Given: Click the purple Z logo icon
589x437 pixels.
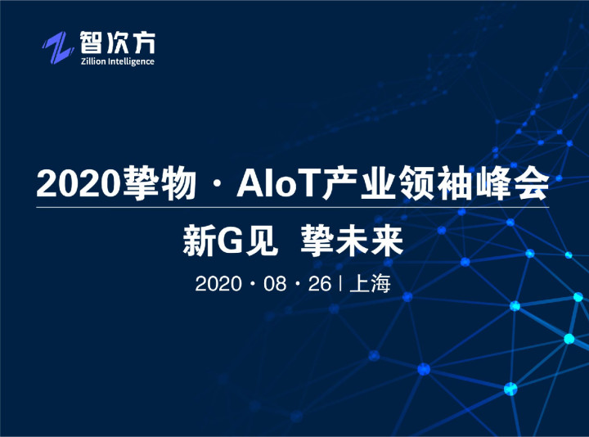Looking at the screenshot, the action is [57, 47].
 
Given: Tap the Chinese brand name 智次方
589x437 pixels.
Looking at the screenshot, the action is [117, 43].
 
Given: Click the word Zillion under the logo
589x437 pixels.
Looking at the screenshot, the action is [93, 61].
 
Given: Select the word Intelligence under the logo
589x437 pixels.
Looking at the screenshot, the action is [131, 61].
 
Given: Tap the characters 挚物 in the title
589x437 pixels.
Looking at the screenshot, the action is [160, 183].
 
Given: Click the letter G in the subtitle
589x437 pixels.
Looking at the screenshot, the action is [230, 241].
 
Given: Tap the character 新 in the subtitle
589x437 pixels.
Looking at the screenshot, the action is [200, 241].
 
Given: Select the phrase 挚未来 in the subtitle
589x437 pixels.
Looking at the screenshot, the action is [352, 241].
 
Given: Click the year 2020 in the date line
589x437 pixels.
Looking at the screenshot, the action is [218, 284].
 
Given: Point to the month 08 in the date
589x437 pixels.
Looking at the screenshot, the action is [275, 284].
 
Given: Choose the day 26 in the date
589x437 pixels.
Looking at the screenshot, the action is [320, 284].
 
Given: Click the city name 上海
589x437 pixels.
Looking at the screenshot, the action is [370, 284].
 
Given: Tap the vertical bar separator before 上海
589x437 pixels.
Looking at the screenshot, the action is [340, 284].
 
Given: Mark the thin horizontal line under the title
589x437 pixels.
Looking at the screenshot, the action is [293, 207].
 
